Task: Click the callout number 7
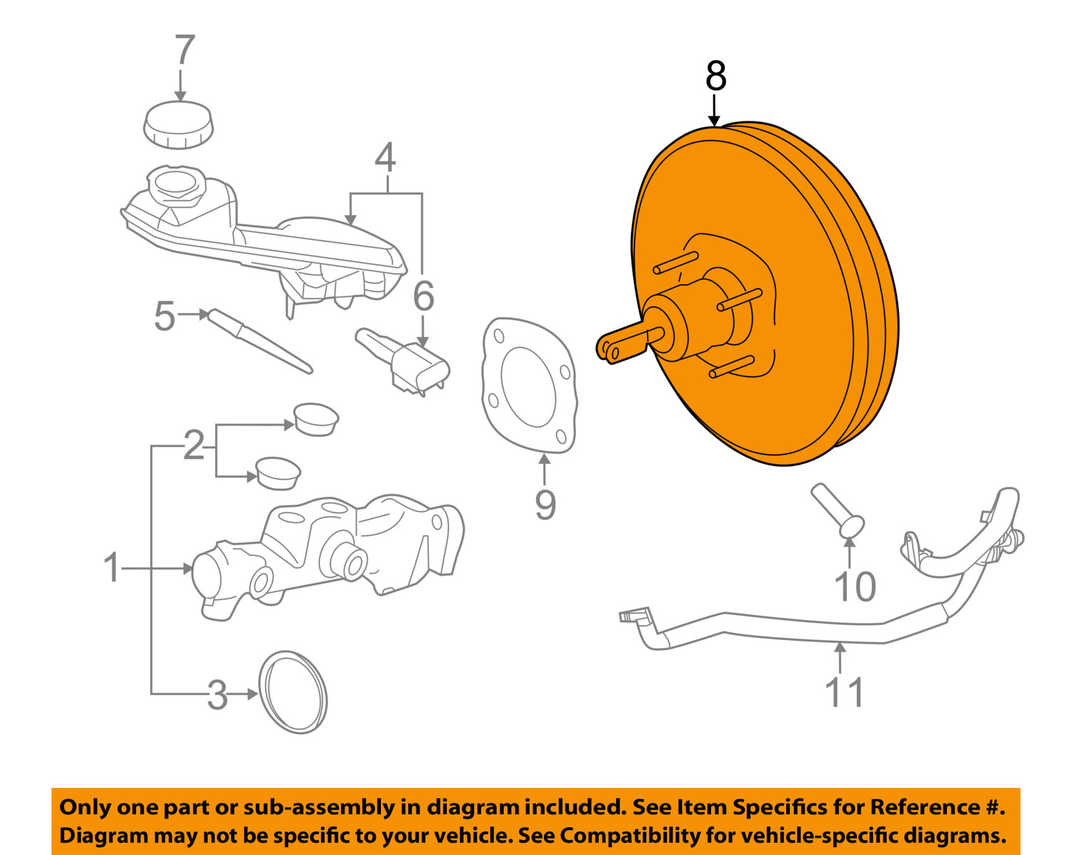point(184,51)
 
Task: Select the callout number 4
point(385,159)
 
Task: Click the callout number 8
point(715,76)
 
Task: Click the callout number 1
point(111,568)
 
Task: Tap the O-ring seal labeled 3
point(293,691)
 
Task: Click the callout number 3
point(217,694)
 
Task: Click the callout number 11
point(844,692)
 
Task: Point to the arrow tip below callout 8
point(714,124)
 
